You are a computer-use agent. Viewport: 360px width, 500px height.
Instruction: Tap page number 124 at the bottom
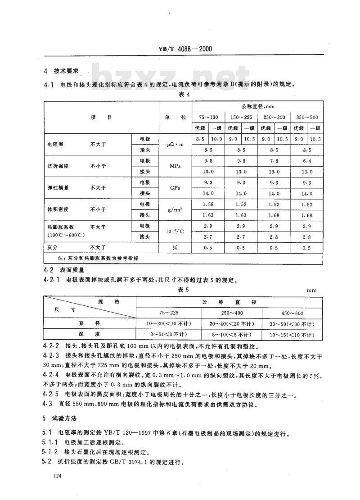pyautogui.click(x=57, y=476)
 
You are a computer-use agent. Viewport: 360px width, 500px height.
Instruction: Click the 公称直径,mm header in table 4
pyautogui.click(x=257, y=107)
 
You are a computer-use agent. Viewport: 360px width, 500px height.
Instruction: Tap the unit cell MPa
pyautogui.click(x=175, y=166)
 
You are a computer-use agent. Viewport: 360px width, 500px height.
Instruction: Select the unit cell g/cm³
pyautogui.click(x=175, y=210)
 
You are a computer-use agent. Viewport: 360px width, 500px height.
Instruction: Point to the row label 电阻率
pyautogui.click(x=55, y=145)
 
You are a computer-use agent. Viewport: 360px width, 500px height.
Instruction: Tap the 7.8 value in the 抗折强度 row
pyautogui.click(x=274, y=161)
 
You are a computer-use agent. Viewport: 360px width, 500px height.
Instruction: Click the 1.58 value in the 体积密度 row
pyautogui.click(x=208, y=205)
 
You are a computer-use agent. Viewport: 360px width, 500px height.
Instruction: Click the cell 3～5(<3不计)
pyautogui.click(x=167, y=335)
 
